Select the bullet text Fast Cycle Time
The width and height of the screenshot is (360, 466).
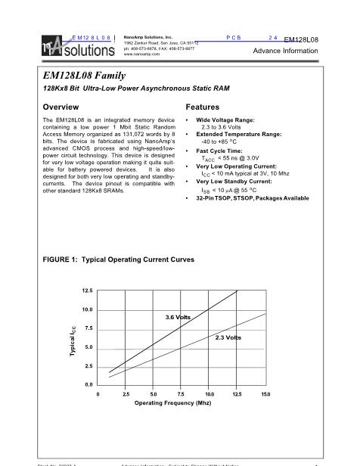tap(219, 151)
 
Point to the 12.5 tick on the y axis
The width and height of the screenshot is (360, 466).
tap(87, 291)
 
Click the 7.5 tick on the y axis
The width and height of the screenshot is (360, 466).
tap(88, 328)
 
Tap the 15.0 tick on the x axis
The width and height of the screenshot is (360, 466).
tap(265, 394)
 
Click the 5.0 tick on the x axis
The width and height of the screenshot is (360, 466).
tap(154, 394)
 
